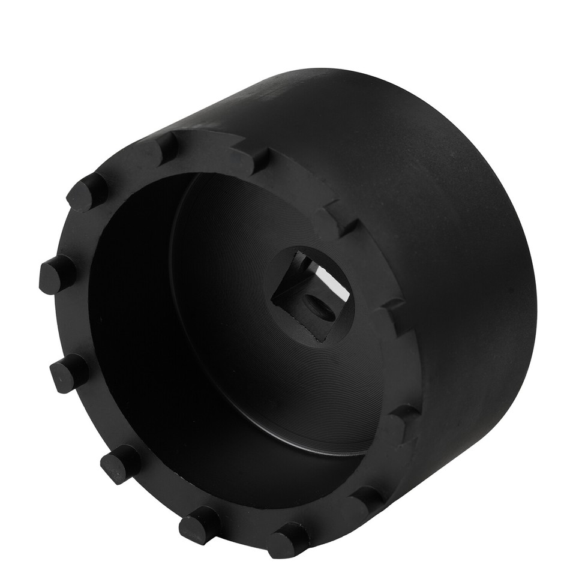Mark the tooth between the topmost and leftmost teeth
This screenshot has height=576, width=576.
click(x=88, y=191)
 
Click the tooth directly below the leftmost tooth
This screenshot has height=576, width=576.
click(x=68, y=372)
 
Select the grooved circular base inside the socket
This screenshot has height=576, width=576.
click(x=240, y=336)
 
